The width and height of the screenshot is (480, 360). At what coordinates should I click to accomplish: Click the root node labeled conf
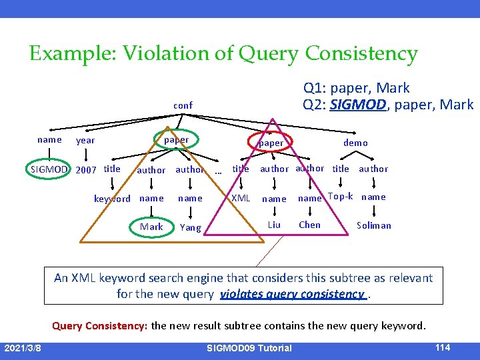tap(183, 105)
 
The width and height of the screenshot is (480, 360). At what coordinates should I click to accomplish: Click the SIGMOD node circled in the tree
tap(49, 169)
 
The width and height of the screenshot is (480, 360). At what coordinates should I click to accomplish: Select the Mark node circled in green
tap(151, 227)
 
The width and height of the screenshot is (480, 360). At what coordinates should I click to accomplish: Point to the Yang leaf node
tap(190, 227)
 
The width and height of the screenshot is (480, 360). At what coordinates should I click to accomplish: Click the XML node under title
tap(241, 198)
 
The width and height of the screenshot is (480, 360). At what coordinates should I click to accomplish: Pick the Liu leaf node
tap(274, 225)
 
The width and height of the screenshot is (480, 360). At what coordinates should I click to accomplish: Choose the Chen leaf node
tap(309, 225)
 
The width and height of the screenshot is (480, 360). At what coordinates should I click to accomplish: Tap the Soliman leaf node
tap(374, 225)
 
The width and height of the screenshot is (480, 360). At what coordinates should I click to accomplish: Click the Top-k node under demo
tap(341, 197)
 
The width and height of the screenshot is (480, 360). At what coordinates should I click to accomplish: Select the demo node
tap(355, 143)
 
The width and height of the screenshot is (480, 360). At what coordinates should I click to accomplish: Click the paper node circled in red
tap(271, 143)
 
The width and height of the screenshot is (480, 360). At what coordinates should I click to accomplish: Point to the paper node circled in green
tap(176, 140)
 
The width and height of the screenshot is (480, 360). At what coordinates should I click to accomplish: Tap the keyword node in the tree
tap(112, 199)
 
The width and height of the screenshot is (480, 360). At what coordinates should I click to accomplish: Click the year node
tap(85, 141)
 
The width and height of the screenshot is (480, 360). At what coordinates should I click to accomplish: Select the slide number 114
tap(442, 347)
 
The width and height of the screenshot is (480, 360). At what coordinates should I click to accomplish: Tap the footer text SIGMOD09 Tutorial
tap(249, 348)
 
